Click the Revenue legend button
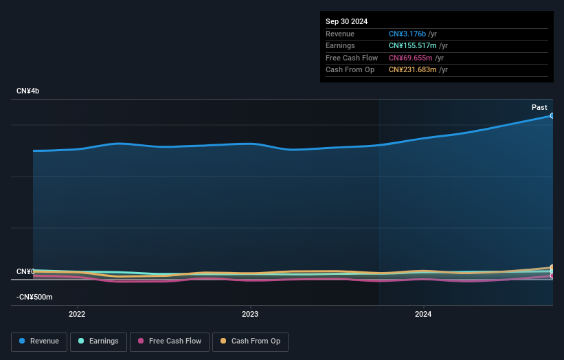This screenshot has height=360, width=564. point(39,341)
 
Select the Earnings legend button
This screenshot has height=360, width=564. point(98,341)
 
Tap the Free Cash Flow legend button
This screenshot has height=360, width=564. point(169,341)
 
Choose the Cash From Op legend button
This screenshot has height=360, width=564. point(250,341)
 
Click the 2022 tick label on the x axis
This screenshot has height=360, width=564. point(77,314)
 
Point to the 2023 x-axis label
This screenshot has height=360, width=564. point(250,314)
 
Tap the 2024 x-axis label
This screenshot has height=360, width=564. point(423,314)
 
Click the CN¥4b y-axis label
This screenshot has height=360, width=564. point(28,91)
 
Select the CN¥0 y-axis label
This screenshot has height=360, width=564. point(25,271)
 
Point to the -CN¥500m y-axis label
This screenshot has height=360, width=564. point(34,297)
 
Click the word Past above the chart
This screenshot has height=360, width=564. point(539,107)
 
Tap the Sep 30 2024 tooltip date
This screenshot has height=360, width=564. point(348,21)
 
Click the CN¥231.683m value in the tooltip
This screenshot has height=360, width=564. point(414,70)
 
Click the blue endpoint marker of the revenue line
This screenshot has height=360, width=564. point(552,115)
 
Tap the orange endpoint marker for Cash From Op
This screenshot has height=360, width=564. point(552,267)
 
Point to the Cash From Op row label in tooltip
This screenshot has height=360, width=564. point(350,70)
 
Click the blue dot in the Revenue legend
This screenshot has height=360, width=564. point(23,341)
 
